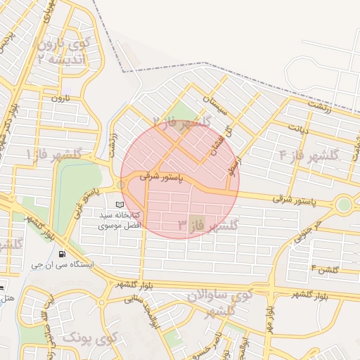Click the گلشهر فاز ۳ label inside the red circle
[x=207, y=225]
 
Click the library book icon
[x=118, y=204]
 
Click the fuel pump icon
[x=63, y=254]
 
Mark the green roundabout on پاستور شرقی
[x=344, y=205]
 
